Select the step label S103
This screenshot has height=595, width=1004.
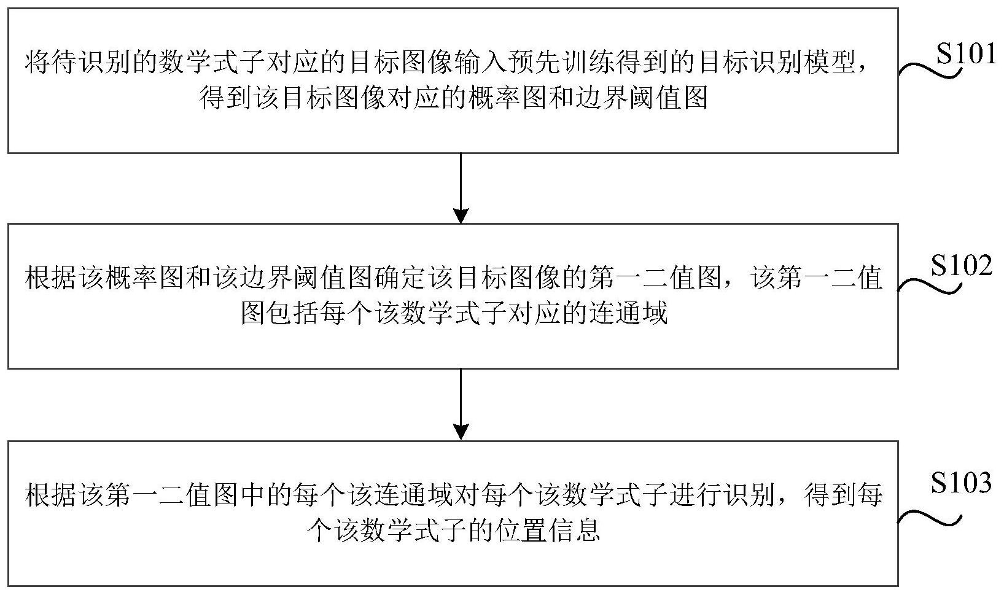(961, 483)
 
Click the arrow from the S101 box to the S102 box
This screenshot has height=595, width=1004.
(461, 188)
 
